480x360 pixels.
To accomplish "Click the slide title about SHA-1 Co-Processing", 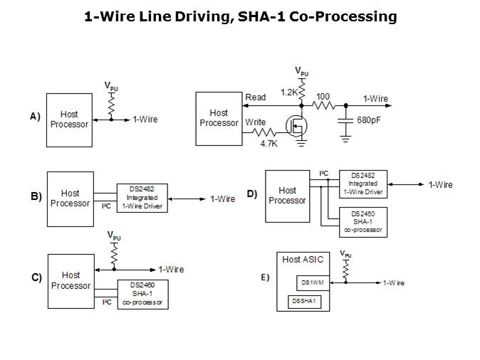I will point(240,16).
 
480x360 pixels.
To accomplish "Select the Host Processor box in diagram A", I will point(70,119).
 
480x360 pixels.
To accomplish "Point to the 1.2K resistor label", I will point(289,92).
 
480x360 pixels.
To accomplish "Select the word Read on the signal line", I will point(255,97).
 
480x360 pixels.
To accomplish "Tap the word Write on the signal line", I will point(256,122).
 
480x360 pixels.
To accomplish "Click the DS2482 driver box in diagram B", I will point(142,197).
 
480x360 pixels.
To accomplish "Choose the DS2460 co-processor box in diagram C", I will point(142,294).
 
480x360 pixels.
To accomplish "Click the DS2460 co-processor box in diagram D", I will point(363,221).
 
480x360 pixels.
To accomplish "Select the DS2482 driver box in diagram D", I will point(363,184).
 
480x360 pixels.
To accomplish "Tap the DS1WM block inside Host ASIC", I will point(311,282).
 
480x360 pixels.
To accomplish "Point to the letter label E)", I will point(264,277).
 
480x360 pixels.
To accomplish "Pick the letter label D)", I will point(251,194).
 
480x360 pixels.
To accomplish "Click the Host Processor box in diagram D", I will point(287,195).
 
